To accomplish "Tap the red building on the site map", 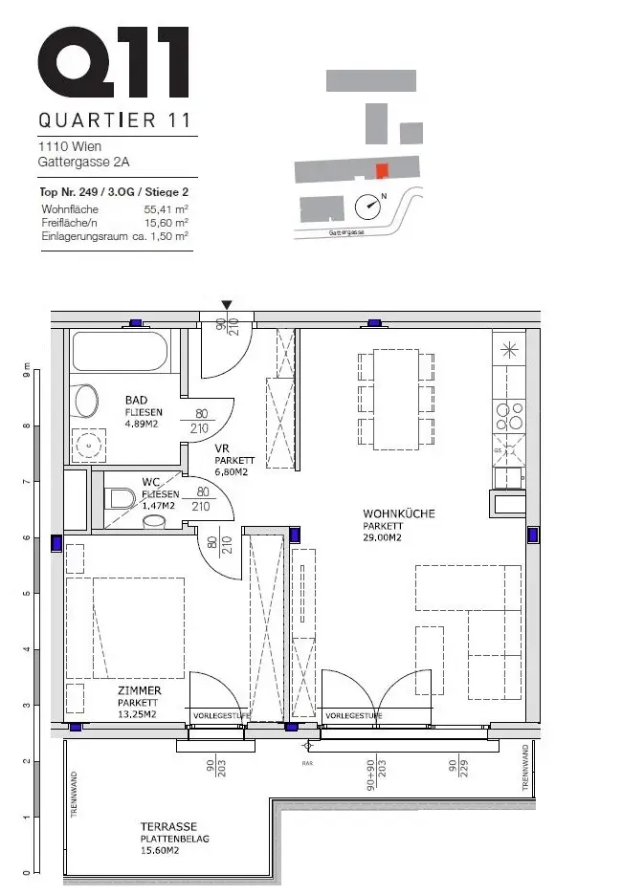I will tap(382, 171).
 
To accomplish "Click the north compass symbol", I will tap(367, 205).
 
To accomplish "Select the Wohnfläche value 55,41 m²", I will tap(166, 208).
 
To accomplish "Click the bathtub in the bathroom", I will tap(120, 353).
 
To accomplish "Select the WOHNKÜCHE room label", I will tap(398, 513).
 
